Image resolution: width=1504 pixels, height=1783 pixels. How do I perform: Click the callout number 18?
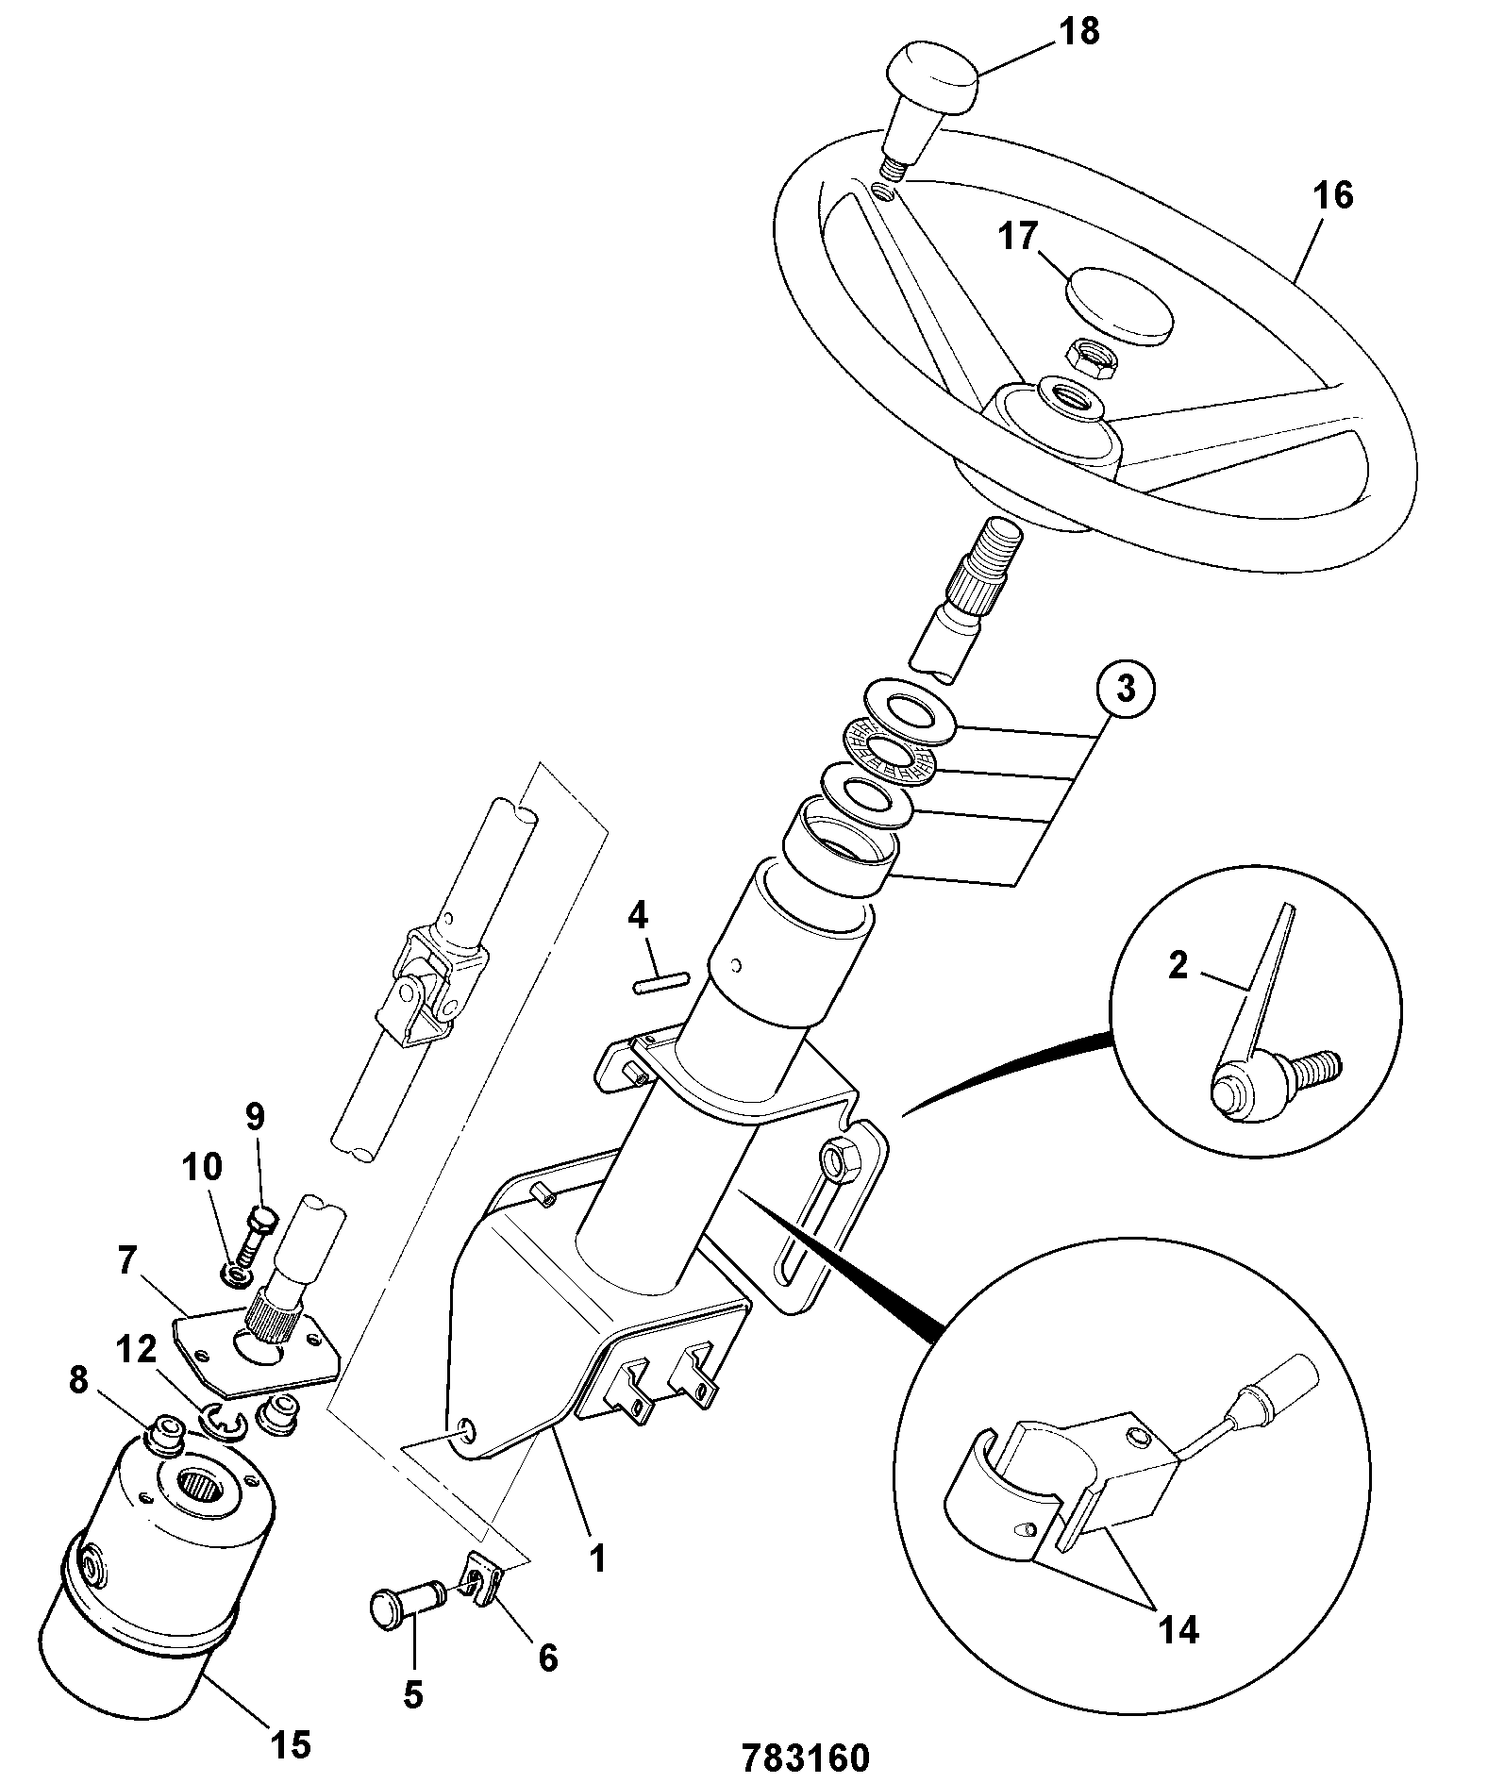coord(1078,32)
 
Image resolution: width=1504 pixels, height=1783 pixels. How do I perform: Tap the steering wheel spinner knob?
coord(928,109)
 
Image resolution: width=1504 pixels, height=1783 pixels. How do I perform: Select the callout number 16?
coord(1330,195)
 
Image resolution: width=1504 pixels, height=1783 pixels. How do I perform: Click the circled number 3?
coord(1126,691)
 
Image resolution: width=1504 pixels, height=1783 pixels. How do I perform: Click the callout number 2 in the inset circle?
coord(1177,966)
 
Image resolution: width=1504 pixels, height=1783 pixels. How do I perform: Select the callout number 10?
coord(203,1167)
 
